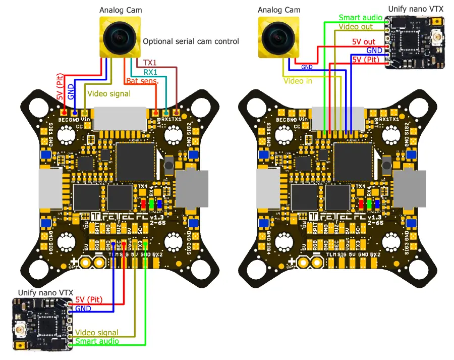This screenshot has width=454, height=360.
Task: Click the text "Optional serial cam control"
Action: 191,42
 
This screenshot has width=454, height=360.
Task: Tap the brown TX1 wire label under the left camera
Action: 150,63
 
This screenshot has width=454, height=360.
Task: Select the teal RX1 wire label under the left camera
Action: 150,72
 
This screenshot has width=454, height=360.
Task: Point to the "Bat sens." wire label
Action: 142,81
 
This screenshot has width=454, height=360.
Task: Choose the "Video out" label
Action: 356,26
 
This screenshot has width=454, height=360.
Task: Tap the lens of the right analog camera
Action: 277,37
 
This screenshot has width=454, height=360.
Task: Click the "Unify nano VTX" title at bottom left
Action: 46,292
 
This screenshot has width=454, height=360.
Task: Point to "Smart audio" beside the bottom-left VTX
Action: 97,341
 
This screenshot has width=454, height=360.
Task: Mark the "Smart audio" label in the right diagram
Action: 361,17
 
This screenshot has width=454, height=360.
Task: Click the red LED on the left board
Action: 143,203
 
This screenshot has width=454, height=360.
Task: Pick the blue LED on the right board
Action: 378,203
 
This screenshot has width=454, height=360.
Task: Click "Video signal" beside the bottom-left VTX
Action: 97,333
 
